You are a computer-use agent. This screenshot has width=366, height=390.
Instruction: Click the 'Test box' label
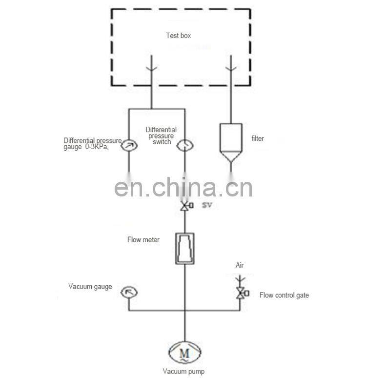click(x=178, y=36)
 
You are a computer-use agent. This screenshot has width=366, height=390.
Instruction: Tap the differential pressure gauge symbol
click(x=129, y=145)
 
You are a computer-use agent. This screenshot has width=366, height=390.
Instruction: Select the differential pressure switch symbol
click(x=185, y=145)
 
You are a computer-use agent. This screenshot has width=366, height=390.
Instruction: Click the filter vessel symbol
click(x=231, y=143)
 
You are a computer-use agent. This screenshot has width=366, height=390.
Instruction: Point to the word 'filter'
click(x=258, y=138)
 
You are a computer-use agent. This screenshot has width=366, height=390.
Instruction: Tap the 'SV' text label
click(x=207, y=205)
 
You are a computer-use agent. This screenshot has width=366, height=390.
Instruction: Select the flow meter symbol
click(x=185, y=249)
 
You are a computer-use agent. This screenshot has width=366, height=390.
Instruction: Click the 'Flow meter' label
click(x=143, y=239)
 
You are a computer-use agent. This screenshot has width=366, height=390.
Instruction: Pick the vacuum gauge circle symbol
click(x=129, y=292)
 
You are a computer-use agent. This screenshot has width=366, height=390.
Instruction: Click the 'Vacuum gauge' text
click(x=90, y=287)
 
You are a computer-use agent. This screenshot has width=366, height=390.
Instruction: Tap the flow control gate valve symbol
click(x=242, y=293)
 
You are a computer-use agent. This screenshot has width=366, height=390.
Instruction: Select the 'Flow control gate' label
click(x=284, y=295)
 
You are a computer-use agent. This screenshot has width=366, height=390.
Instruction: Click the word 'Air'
click(x=240, y=265)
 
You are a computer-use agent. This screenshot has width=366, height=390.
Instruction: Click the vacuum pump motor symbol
click(x=185, y=352)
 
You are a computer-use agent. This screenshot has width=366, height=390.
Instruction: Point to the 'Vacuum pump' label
click(x=183, y=371)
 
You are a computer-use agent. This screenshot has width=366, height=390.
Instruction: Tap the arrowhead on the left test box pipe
click(x=151, y=68)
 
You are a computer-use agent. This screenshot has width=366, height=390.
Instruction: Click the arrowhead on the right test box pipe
click(x=231, y=68)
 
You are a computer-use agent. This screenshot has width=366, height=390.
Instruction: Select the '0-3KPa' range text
click(x=97, y=147)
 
